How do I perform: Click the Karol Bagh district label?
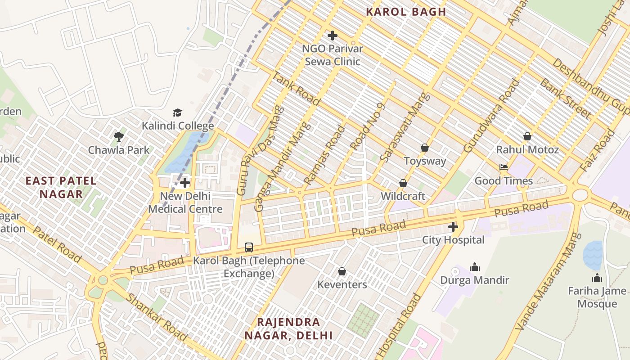(406, 12)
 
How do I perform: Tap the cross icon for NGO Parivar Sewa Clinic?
(333, 36)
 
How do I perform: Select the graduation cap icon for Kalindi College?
(178, 112)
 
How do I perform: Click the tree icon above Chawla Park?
(119, 136)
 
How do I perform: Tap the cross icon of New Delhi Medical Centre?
(185, 183)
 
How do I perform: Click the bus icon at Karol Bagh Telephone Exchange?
(249, 247)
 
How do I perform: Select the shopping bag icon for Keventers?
(342, 271)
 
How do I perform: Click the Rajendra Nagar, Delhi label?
(288, 328)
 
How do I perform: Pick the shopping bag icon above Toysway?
(424, 148)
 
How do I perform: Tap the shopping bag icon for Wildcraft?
(403, 183)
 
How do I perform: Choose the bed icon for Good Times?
(504, 167)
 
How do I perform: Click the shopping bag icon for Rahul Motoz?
(527, 136)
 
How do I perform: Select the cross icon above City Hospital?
(453, 227)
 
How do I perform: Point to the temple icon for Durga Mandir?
(475, 267)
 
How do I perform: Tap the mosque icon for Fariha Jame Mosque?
(597, 278)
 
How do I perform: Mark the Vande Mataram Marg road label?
(543, 288)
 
